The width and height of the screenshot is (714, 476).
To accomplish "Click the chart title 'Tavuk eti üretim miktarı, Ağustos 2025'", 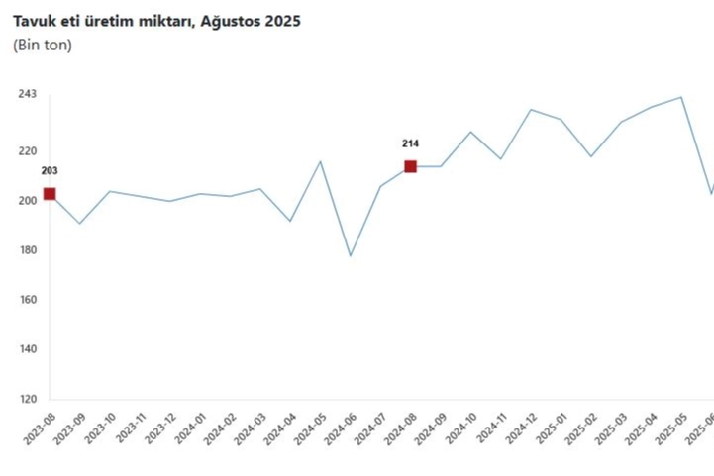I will (156, 21).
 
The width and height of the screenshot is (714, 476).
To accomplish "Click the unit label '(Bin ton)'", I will (42, 46).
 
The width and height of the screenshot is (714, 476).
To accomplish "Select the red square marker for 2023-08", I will (50, 194).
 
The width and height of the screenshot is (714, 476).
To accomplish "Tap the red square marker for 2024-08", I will (410, 166).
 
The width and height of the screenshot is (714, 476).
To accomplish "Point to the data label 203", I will (50, 170).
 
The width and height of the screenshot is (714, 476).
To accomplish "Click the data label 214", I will (410, 143).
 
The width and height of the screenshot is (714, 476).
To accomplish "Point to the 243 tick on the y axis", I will (27, 94).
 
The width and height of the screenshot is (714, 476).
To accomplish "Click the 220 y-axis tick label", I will (27, 151).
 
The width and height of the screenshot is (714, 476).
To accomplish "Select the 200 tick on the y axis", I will (27, 201).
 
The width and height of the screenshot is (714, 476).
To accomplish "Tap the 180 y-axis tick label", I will (27, 250).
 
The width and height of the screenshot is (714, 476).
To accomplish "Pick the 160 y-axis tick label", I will (27, 300).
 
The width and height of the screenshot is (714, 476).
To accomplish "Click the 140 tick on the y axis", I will (27, 349).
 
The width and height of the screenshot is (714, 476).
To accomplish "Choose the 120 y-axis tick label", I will (27, 400).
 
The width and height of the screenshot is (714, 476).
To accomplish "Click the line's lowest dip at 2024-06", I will (350, 256).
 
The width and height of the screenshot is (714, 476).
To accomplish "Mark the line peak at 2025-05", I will (681, 97).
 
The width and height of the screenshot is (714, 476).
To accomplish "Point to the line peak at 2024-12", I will (531, 109).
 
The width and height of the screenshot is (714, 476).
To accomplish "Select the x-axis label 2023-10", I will (101, 432).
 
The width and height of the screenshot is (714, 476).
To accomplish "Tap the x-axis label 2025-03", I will (612, 432).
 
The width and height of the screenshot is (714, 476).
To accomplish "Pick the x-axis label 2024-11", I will (492, 432).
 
